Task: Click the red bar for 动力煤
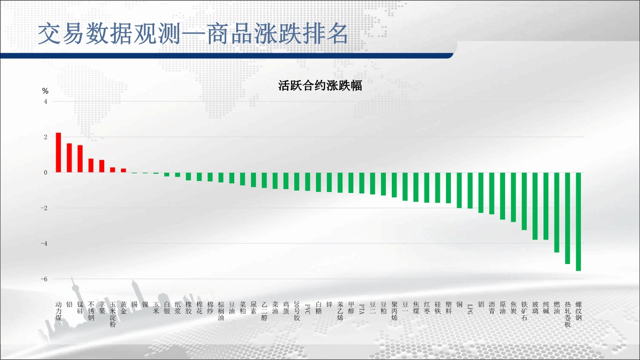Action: (x=58, y=153)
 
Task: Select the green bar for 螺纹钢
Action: (x=578, y=222)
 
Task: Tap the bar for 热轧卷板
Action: (x=568, y=218)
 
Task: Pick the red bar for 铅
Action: (x=69, y=158)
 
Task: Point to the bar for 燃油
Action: (x=556, y=213)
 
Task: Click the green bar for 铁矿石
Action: (x=524, y=201)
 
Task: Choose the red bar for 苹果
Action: (x=102, y=166)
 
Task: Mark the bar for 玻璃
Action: (x=535, y=206)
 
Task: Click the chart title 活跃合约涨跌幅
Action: (x=320, y=86)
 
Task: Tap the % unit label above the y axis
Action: (x=45, y=91)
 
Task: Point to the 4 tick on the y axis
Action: (x=46, y=101)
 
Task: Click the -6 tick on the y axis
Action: (x=44, y=279)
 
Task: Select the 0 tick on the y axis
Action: (x=46, y=173)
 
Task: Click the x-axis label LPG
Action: (x=470, y=309)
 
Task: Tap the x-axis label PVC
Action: (x=308, y=309)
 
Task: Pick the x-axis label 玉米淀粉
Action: (x=112, y=314)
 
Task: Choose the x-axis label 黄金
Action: (x=123, y=308)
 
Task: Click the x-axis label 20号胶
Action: (x=297, y=311)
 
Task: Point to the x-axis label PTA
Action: (x=362, y=309)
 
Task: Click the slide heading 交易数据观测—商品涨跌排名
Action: (x=193, y=34)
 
